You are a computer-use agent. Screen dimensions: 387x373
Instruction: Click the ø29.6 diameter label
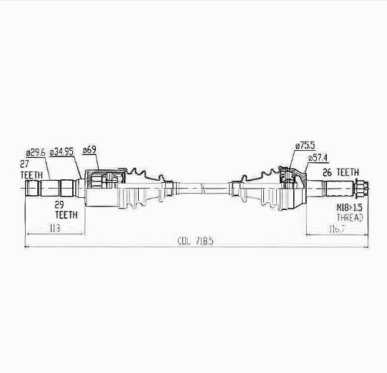[x=36, y=153]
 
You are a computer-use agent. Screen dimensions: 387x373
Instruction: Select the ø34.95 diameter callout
[x=62, y=152]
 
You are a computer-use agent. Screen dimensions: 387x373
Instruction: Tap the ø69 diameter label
[x=89, y=149]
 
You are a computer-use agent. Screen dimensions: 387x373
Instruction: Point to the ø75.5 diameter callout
[x=305, y=146]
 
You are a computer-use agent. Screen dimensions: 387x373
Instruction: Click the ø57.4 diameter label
[x=318, y=158]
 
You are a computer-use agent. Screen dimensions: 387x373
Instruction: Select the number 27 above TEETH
[x=24, y=164]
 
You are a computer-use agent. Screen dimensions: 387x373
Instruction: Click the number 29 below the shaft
[x=59, y=204]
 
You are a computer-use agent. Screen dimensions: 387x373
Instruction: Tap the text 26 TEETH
[x=341, y=172]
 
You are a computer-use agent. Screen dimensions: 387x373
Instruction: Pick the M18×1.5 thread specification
[x=350, y=207]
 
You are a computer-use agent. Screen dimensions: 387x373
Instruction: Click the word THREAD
[x=350, y=218]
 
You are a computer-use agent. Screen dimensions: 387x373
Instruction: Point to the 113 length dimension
[x=54, y=228]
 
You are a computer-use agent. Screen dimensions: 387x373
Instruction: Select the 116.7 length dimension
[x=337, y=229]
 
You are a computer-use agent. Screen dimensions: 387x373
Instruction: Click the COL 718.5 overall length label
[x=195, y=241]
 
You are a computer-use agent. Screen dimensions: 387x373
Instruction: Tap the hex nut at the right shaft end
[x=361, y=189]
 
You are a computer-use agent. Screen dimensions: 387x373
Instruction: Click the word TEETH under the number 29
[x=66, y=215]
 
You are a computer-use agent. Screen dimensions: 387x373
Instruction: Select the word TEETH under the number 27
[x=31, y=175]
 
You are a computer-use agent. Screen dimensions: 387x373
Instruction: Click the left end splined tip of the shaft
[x=32, y=189]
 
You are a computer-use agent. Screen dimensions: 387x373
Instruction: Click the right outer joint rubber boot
[x=262, y=189]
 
